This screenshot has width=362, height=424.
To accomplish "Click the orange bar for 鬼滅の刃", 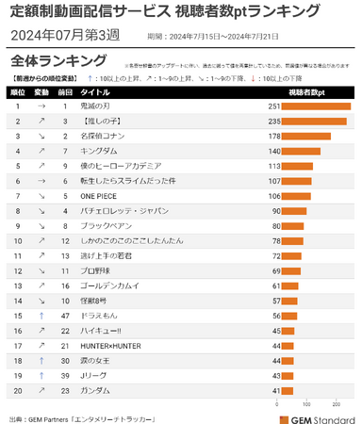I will coord(317,106).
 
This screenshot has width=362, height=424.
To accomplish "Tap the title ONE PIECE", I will coord(103,196).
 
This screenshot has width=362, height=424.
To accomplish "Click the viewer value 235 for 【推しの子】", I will coord(274,122).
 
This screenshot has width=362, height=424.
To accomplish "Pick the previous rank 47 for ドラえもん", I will coord(65,316).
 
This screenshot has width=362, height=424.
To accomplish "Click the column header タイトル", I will coord(96,93).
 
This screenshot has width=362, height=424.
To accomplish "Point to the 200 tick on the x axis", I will coord(337,400).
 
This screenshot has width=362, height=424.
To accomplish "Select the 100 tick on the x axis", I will coord(310,400).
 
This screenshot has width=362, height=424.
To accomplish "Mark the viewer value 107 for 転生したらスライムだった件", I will coord(274,181).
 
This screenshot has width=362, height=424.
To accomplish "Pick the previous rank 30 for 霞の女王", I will coord(65,361).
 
